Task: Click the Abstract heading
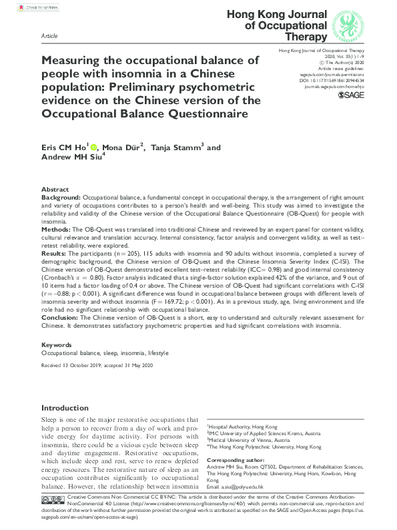point(55,190)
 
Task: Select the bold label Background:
point(61,199)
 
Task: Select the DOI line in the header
point(324,79)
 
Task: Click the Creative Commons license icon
point(53,518)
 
